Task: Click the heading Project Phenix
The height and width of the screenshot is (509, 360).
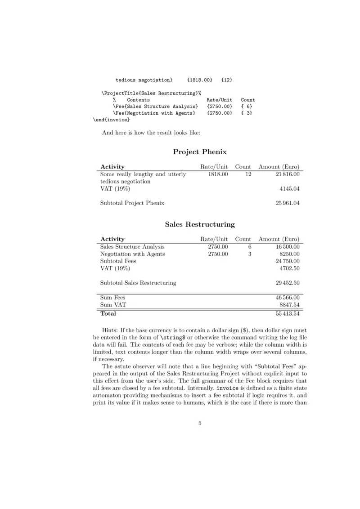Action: pos(199,152)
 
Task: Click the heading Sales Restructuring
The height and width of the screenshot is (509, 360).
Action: pos(199,224)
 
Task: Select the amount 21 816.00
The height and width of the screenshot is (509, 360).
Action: pos(288,174)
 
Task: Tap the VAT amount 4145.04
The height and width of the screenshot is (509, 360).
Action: pos(290,189)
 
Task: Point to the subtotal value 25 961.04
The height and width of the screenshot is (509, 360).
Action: pos(288,203)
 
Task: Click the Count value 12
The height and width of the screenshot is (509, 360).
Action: pos(247,174)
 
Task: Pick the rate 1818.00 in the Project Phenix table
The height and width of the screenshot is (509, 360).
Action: pos(218,174)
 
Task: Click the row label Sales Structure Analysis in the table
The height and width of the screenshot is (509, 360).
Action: pos(132,247)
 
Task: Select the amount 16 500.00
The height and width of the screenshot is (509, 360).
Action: pos(288,247)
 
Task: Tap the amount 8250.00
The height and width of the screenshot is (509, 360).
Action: pos(290,254)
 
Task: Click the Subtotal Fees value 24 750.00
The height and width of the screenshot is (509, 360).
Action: pos(288,261)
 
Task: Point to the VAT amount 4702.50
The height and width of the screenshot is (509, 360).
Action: pos(290,268)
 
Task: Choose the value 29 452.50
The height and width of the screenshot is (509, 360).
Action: pos(288,283)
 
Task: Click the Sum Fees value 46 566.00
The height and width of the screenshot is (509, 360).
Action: pos(288,298)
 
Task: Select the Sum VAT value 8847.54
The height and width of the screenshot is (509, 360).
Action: pos(290,305)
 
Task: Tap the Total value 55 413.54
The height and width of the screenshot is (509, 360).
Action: pos(288,313)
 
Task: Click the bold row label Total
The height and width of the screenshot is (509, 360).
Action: pos(108,313)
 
